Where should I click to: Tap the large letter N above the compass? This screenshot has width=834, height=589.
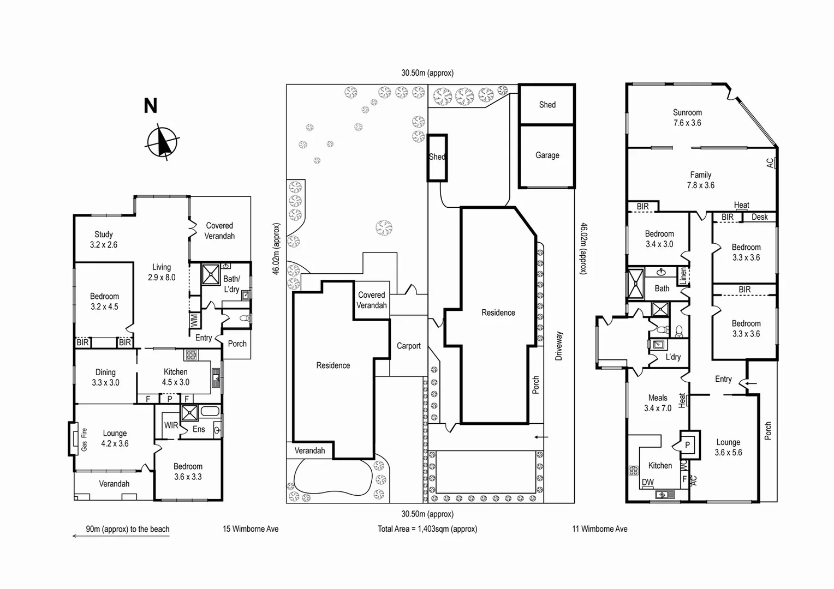tap(150, 106)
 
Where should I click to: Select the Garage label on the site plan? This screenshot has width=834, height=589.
tap(547, 155)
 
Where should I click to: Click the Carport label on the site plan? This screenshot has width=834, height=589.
tap(408, 346)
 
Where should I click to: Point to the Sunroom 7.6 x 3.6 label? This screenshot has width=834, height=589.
tap(687, 118)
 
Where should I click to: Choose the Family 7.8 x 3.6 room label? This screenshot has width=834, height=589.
tap(700, 180)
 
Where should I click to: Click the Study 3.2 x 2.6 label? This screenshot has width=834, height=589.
tap(104, 239)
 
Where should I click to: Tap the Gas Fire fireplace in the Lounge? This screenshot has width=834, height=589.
tap(74, 439)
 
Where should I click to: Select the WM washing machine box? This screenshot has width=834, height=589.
tap(194, 320)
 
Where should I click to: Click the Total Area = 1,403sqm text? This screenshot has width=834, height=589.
tap(427, 529)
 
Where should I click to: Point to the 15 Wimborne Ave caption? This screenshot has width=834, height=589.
tap(251, 529)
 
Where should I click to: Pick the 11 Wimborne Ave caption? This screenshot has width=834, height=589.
tap(599, 529)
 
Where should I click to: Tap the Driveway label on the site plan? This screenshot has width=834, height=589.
tap(558, 346)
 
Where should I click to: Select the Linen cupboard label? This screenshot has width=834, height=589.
tap(683, 276)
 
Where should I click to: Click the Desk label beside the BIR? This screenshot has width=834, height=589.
tap(759, 217)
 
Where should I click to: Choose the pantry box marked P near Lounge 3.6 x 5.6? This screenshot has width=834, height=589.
tap(687, 445)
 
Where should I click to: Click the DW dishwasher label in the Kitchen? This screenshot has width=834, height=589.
tap(648, 482)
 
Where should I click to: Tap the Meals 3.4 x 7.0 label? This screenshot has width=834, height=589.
tap(658, 403)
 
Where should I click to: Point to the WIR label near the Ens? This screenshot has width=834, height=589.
tap(171, 425)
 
